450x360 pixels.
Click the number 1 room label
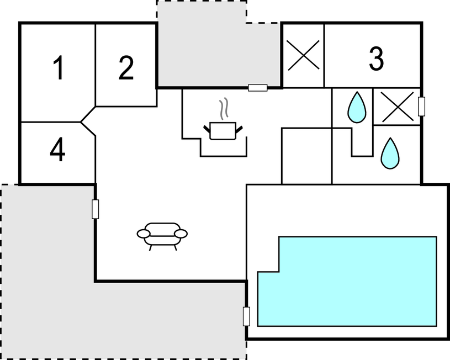(x=59, y=68)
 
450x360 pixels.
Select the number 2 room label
(x=126, y=68)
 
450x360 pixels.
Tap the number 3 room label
(x=376, y=59)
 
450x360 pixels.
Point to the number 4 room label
(x=57, y=149)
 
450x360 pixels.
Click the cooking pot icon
(x=223, y=131)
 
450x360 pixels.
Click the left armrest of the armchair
(x=144, y=234)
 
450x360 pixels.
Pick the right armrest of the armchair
(x=181, y=234)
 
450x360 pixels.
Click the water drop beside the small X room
(x=357, y=108)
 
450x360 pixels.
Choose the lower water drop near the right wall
(x=390, y=153)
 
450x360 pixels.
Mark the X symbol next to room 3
(x=303, y=55)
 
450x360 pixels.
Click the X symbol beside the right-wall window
(x=398, y=107)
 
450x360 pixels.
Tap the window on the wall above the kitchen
(x=258, y=88)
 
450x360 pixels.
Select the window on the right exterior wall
(x=421, y=107)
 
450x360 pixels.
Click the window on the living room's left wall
(x=96, y=209)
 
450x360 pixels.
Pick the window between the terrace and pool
(x=246, y=316)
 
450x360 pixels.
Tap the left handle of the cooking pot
(x=207, y=129)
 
